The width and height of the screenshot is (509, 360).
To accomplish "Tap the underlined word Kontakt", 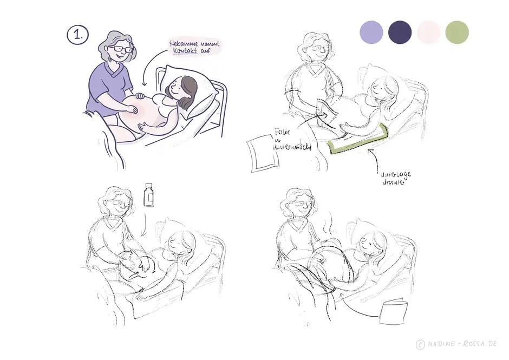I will coord(183,51).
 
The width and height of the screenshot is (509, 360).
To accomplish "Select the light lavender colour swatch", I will coord(371,32).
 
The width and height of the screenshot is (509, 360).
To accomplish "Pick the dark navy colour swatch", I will coord(400,32).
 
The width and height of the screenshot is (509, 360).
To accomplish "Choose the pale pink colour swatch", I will coord(428,32).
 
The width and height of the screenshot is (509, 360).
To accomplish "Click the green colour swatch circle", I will coord(456,32).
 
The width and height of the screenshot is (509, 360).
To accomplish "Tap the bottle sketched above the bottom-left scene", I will coord(149,195).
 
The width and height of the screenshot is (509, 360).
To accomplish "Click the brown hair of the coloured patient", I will coord(187,89).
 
